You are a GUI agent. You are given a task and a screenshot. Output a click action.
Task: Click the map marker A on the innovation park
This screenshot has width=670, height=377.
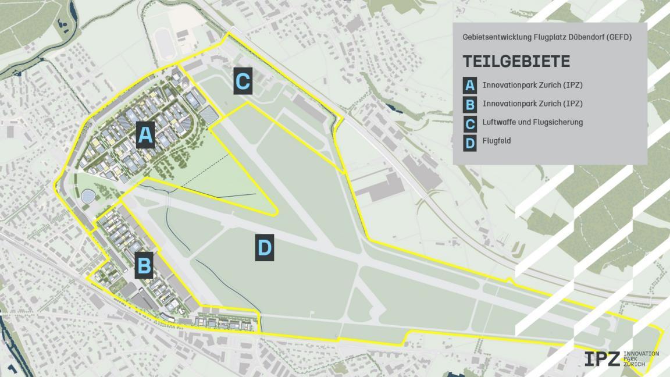click(x=145, y=135)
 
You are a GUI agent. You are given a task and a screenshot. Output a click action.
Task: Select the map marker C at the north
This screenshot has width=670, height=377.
click(x=243, y=81)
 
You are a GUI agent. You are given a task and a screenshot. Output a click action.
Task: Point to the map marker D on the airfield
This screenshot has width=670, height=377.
click(x=265, y=248)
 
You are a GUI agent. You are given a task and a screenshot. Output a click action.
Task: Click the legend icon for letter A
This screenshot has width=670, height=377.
click(x=470, y=86)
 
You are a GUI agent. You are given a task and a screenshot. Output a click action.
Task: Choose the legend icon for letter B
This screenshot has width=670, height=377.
click(x=470, y=104)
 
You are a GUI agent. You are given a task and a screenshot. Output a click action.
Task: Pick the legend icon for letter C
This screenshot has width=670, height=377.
click(x=470, y=123)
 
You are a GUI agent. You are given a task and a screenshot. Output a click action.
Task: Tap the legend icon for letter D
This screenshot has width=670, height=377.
click(x=470, y=141)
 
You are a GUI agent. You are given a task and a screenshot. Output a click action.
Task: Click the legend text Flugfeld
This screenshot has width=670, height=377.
click(x=497, y=141)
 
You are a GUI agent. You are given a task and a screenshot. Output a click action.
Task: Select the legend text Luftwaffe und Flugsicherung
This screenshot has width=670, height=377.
click(x=532, y=122)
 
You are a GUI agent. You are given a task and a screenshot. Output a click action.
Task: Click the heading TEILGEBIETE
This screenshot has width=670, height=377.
click(x=516, y=62)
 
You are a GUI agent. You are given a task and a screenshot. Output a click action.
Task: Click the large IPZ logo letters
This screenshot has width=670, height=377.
click(x=602, y=359)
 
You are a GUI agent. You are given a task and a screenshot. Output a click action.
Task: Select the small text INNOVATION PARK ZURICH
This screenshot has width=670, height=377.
click(x=641, y=359)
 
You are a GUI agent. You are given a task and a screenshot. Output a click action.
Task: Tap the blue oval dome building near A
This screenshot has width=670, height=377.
click(x=89, y=197)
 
